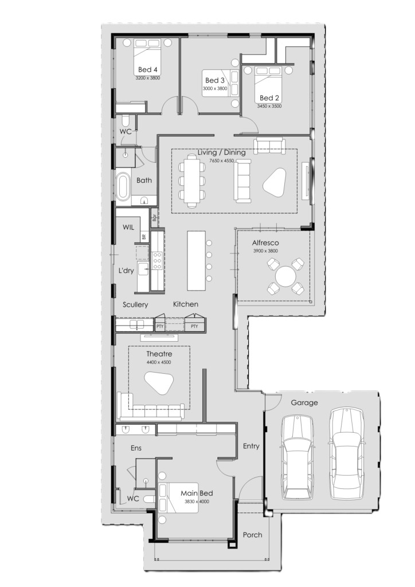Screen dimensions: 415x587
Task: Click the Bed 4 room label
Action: [147, 69]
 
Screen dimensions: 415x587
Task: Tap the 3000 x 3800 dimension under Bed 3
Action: [215, 89]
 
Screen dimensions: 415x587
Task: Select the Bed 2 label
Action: [269, 98]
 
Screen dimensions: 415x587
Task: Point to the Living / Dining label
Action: [221, 152]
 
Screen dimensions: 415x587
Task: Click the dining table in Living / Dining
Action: [193, 181]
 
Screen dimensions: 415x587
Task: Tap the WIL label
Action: [128, 227]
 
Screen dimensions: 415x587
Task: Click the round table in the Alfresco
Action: [285, 276]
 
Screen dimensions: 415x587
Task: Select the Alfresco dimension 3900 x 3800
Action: [265, 251]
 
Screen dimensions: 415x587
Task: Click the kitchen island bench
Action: [197, 261]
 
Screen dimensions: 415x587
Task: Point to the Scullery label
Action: [135, 305]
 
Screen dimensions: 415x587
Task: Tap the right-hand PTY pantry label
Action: [194, 326]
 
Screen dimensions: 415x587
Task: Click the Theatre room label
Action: [159, 354]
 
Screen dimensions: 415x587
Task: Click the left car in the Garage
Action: [297, 457]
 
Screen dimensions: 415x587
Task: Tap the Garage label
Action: [304, 403]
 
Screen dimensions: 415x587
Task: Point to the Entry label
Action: [250, 446]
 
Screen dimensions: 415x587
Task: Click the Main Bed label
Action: [197, 494]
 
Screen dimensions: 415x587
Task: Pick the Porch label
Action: [252, 535]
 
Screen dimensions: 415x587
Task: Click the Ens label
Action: [136, 448]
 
